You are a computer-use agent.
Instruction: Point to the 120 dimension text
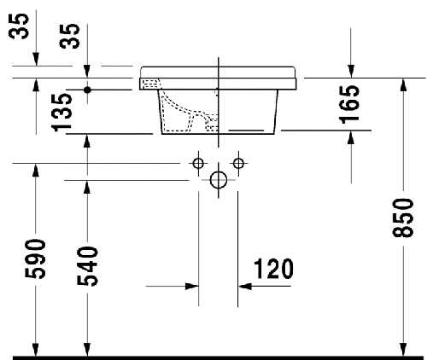[272, 270]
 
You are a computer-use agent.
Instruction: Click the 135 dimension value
[61, 111]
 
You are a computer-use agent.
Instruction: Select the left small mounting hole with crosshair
[197, 162]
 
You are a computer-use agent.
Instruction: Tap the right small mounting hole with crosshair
[238, 162]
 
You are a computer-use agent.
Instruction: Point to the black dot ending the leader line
[88, 89]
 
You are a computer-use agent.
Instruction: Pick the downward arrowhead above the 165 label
[351, 70]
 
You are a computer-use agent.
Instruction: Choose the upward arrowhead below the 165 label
[351, 138]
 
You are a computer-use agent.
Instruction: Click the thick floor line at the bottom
[213, 353]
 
